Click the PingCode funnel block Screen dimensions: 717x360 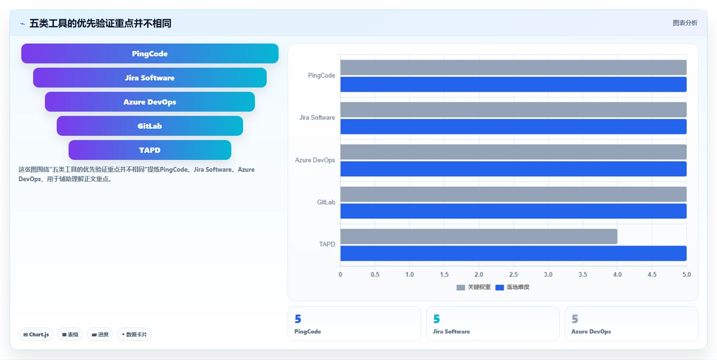pos(150,53)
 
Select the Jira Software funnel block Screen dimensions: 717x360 pos(150,78)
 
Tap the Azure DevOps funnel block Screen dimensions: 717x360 pos(150,102)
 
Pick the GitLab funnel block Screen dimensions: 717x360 pos(150,126)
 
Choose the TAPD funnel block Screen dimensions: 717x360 pos(150,150)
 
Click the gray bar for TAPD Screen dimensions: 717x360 pos(479,237)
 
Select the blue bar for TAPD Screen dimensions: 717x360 pos(514,254)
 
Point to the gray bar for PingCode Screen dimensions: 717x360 pos(514,67)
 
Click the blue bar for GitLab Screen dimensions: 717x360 pos(514,211)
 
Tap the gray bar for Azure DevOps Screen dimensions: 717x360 pos(514,152)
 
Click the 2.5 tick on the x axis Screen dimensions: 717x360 pos(514,274)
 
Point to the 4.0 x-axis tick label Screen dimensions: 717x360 pos(618,274)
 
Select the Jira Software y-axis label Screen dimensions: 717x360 pos(317,117)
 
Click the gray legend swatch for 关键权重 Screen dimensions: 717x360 pos(461,287)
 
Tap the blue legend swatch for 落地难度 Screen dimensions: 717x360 pos(499,287)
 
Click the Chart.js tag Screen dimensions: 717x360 pos(36,334)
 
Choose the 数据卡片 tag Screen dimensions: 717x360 pos(134,334)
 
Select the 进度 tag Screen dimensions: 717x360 pos(100,334)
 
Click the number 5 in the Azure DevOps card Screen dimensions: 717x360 pos(575,319)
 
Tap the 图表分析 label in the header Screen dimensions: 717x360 pos(685,23)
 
